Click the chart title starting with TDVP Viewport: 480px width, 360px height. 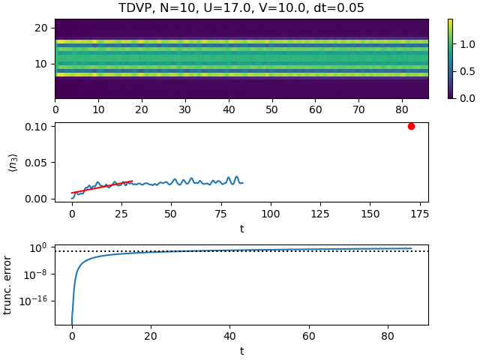coord(241,8)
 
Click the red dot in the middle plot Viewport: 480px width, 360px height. coord(411,126)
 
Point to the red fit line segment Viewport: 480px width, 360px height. coord(102,187)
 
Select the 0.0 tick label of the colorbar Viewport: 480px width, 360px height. coord(465,98)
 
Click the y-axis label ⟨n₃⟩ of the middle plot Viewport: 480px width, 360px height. coord(13,162)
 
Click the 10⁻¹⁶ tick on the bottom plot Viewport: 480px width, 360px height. coord(35,300)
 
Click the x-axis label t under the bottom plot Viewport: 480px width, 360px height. coord(241,350)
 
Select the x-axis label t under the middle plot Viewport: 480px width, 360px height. coord(241,228)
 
